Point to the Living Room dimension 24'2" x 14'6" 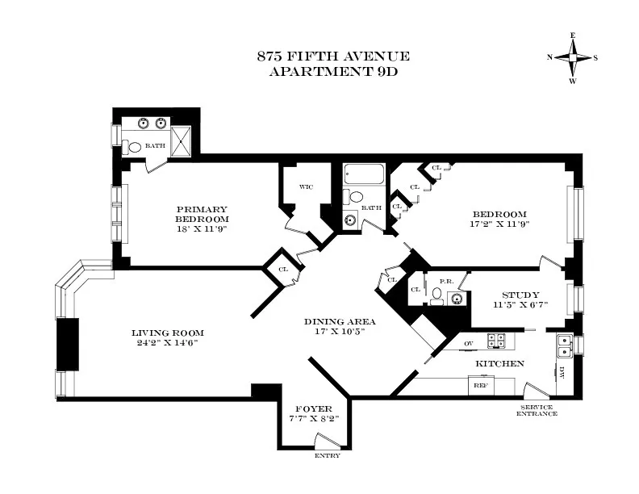pos(168,343)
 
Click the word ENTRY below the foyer pos(327,455)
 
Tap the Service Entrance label pos(537,411)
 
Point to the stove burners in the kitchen pos(495,341)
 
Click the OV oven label pos(467,343)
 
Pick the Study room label pos(520,295)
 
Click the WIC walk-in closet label pos(306,186)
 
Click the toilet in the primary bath pos(132,147)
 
